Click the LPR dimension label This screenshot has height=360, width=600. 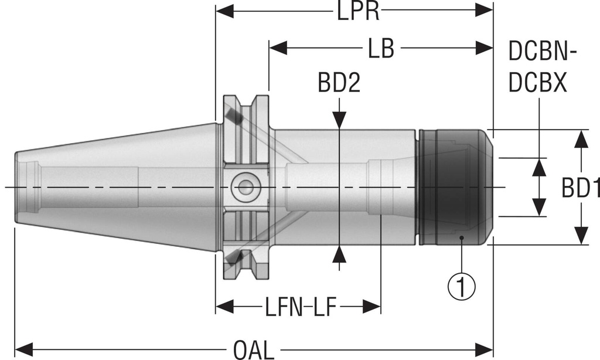click(358, 12)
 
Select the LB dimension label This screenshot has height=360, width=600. click(381, 50)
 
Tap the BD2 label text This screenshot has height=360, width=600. click(339, 84)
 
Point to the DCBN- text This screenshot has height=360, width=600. click(543, 53)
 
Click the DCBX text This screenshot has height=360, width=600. click(538, 84)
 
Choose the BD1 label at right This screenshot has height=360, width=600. click(580, 188)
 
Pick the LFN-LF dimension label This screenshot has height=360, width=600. click(299, 306)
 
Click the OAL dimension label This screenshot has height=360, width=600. click(253, 350)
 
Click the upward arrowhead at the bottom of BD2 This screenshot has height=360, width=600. click(339, 253)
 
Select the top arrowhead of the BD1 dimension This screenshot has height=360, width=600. click(581, 137)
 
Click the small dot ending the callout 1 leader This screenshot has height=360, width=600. click(462, 237)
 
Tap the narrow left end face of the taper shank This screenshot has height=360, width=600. click(16, 187)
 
